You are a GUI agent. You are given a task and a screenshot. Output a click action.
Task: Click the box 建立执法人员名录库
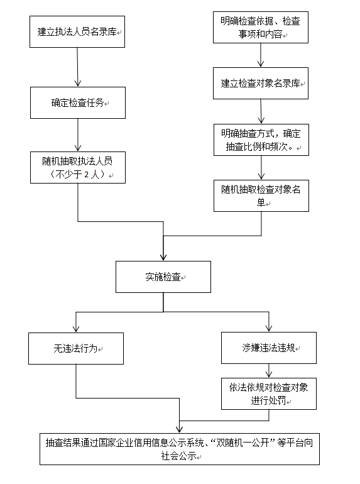pyautogui.click(x=77, y=31)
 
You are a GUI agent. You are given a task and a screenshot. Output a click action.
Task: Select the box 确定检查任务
pyautogui.click(x=77, y=102)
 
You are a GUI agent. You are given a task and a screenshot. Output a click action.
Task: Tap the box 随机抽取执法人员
pyautogui.click(x=77, y=167)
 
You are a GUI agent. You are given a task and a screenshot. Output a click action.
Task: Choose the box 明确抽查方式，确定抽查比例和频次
pyautogui.click(x=260, y=141)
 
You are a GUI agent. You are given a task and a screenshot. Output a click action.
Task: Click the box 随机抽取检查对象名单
pyautogui.click(x=260, y=195)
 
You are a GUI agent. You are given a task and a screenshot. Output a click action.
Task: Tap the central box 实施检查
pyautogui.click(x=163, y=277)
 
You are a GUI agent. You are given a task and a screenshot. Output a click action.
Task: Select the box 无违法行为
pyautogui.click(x=76, y=348)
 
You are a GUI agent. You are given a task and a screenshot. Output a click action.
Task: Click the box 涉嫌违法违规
pyautogui.click(x=268, y=348)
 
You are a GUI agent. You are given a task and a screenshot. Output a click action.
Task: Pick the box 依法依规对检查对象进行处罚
pyautogui.click(x=268, y=393)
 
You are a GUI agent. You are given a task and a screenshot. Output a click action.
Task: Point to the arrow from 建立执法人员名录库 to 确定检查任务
pyautogui.click(x=77, y=67)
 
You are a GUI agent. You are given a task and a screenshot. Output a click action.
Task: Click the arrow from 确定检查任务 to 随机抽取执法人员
pyautogui.click(x=77, y=135)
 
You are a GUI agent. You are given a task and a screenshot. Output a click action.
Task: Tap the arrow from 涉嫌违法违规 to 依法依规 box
pyautogui.click(x=268, y=370)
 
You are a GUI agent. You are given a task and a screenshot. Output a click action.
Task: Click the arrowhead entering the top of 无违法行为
pyautogui.click(x=76, y=329)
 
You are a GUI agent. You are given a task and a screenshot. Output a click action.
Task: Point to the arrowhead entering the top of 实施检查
pyautogui.click(x=163, y=257)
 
